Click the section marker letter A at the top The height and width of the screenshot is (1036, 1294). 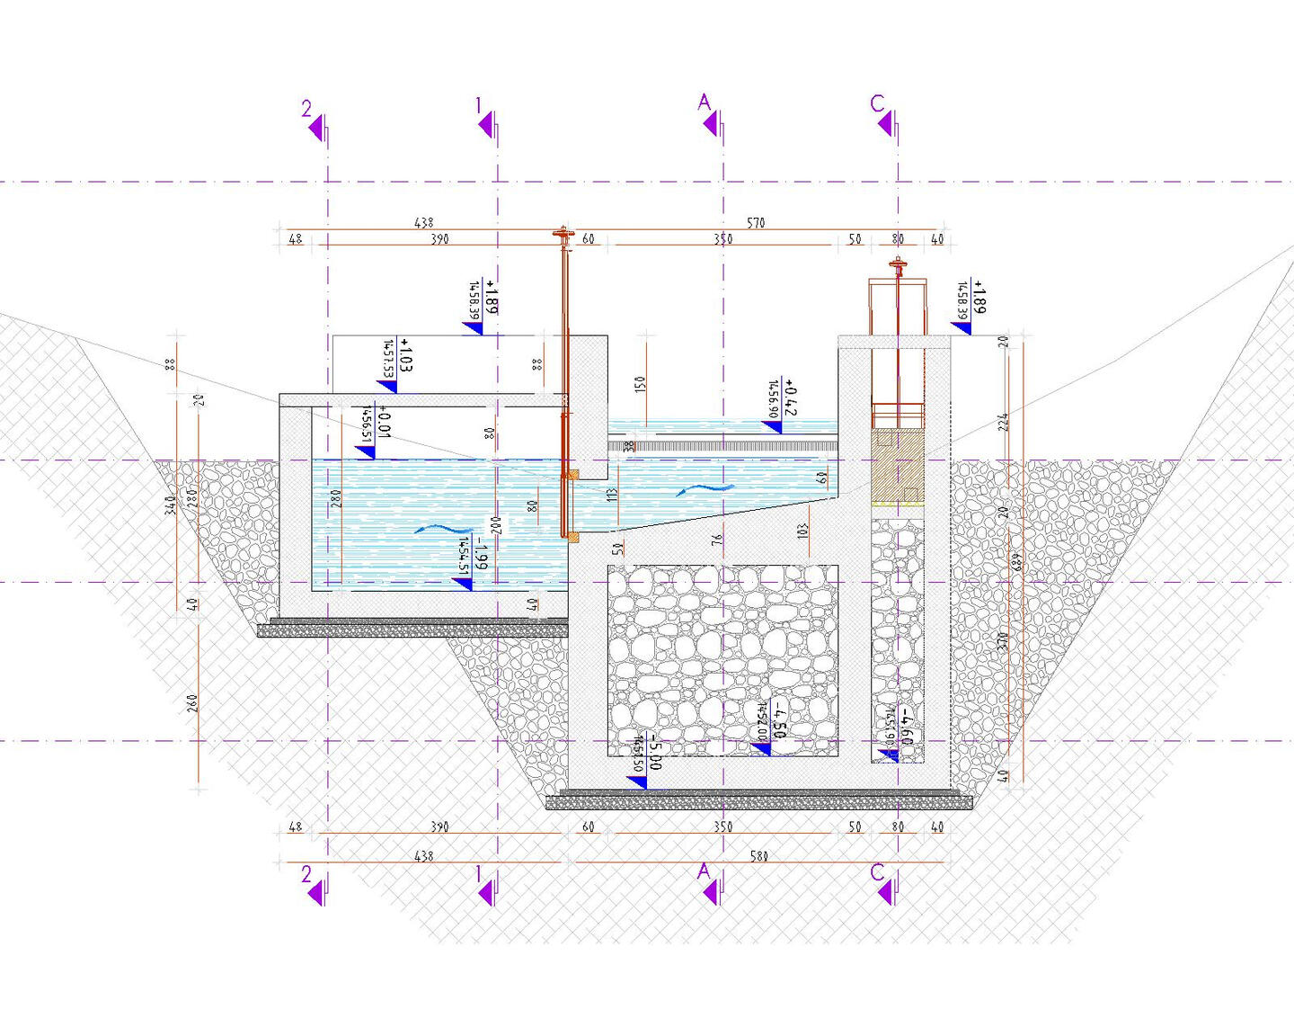pos(704,103)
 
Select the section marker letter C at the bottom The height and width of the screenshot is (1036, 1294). pos(878,871)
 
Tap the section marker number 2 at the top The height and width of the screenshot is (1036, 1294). pos(306,109)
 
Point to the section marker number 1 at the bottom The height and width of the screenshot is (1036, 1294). pos(479,873)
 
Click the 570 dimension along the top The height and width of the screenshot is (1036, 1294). pos(756,222)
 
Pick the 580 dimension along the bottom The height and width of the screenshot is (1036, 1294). pos(759,856)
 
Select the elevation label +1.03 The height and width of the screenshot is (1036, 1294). pos(405,355)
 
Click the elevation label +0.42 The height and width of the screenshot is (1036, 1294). pos(790,397)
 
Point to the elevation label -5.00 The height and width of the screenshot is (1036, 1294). pos(655,752)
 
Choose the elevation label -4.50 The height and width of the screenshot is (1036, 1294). pos(778,719)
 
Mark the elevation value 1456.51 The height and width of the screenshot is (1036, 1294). pos(367,423)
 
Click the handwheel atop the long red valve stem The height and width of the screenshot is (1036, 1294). pos(563,236)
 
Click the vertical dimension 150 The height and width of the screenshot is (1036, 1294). pos(640,384)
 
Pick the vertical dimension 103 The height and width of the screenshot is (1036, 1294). pos(802,531)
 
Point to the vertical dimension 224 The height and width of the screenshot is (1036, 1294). pos(1003,422)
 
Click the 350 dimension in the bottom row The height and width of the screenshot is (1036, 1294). pos(723,826)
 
